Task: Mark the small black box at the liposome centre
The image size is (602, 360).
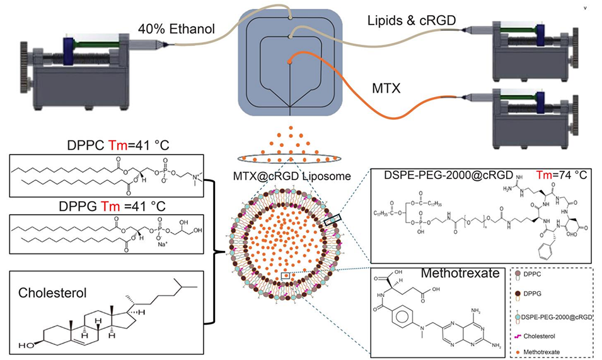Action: pos(287,275)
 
